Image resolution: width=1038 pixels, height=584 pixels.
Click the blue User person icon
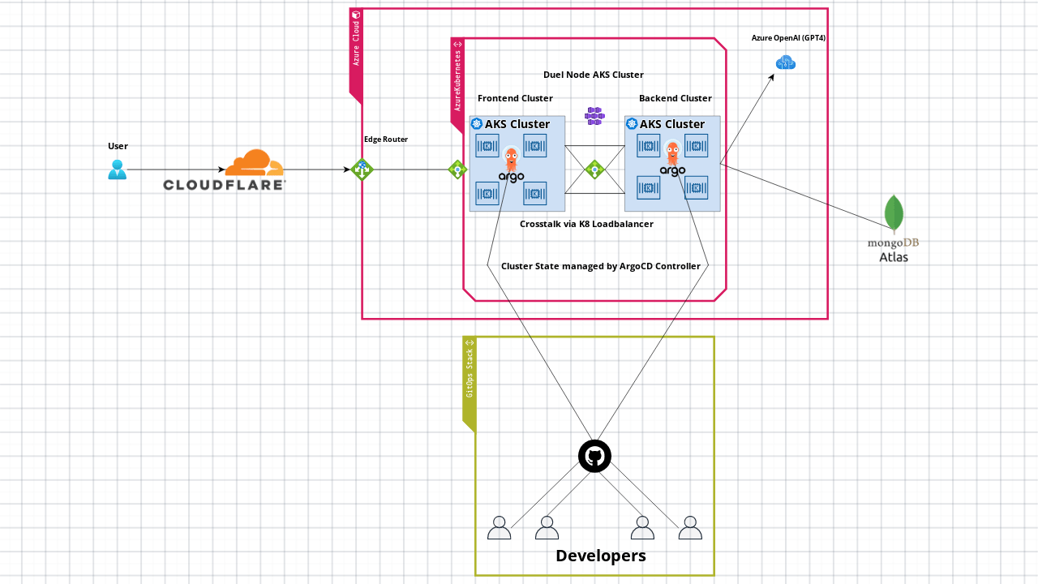coord(118,170)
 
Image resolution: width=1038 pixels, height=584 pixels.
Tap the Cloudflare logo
coord(225,171)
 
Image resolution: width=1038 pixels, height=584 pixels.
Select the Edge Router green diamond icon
coord(362,170)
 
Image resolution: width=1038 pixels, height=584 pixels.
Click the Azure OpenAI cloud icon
coord(785,62)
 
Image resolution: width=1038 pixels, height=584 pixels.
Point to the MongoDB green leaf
coord(894,213)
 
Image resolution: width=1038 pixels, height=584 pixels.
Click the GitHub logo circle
coord(594,456)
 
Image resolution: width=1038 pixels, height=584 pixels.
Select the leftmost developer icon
coord(499,528)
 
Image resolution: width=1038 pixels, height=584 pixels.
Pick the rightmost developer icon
coord(689,528)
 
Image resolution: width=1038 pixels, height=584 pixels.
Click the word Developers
coord(600,556)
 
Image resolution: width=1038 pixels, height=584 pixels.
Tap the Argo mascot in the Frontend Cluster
coord(512,158)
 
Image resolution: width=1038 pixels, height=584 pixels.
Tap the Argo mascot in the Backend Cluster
coord(672,152)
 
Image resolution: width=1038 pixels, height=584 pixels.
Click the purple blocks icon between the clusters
coord(594,117)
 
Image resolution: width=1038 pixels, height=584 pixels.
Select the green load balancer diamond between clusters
coord(594,170)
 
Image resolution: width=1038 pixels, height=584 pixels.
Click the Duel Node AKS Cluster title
coord(593,75)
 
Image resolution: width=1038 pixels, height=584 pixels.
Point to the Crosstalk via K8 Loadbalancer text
coord(585,224)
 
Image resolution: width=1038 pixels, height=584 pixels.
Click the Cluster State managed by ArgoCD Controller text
coord(600,266)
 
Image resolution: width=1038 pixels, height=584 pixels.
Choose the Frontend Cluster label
coord(515,98)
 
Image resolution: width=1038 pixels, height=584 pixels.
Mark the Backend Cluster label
coord(675,98)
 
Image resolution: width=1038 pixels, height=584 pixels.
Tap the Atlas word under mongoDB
coord(894,257)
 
